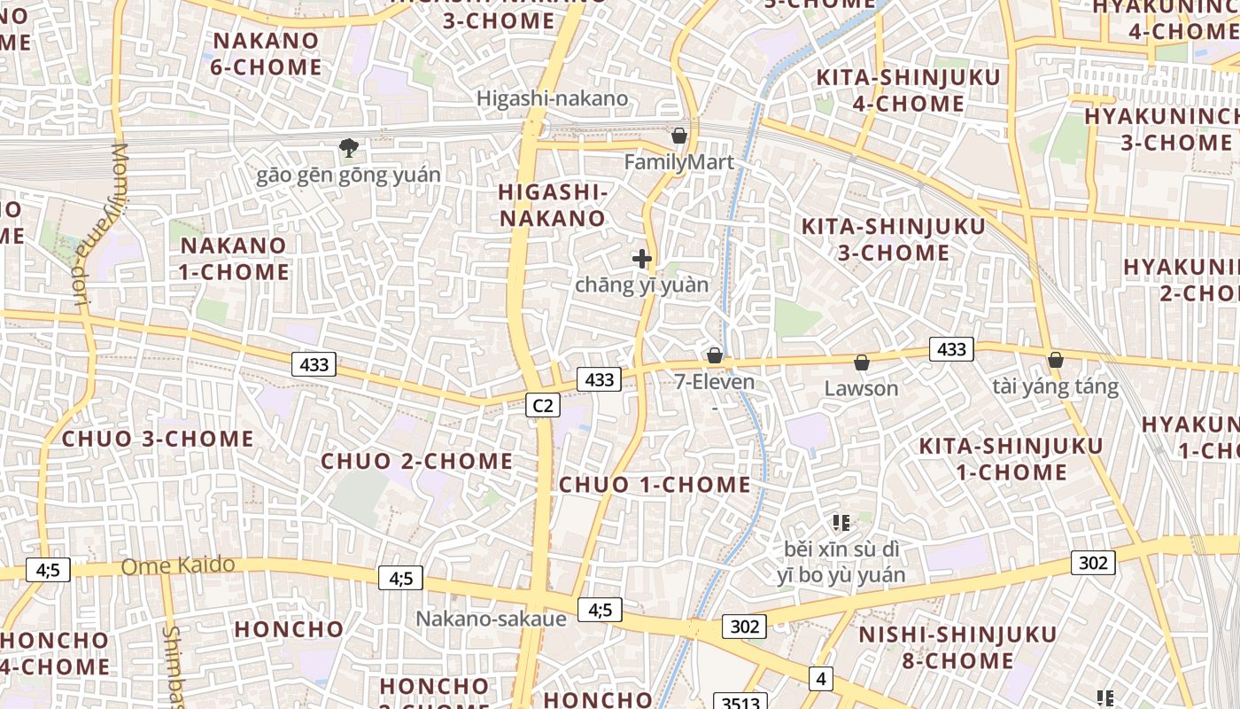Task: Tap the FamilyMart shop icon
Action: click(x=679, y=136)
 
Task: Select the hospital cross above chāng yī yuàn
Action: click(x=642, y=259)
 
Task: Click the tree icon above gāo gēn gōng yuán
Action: click(x=349, y=148)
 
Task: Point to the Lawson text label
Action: click(x=861, y=388)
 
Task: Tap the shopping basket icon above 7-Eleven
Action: click(x=715, y=355)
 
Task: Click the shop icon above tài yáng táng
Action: click(x=1055, y=360)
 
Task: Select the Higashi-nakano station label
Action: click(x=553, y=98)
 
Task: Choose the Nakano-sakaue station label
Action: click(x=491, y=619)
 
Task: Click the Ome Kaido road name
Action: click(x=178, y=565)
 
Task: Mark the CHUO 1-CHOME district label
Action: click(x=655, y=485)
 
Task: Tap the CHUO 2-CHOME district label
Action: click(x=416, y=461)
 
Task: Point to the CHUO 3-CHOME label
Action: click(x=158, y=439)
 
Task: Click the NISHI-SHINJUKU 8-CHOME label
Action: click(x=957, y=648)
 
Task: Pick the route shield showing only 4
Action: click(x=821, y=679)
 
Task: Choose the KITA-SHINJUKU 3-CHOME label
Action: click(x=893, y=239)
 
